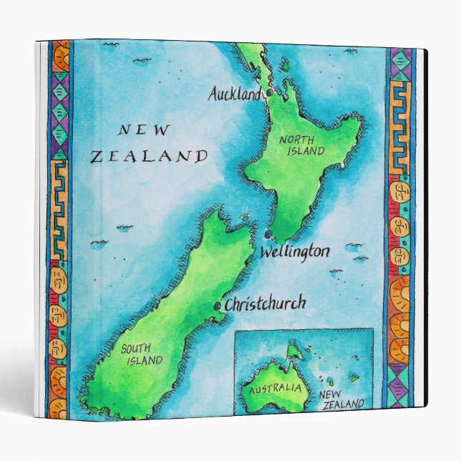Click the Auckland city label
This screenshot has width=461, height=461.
coord(234,93)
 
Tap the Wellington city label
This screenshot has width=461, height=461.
coord(294,252)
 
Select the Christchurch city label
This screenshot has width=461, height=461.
coord(265,304)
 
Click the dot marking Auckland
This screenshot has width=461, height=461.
coord(269,93)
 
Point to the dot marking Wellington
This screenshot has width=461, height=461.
coord(268,234)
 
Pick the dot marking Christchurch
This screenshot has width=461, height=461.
coord(218,306)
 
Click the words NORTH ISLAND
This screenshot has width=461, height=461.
coord(301,145)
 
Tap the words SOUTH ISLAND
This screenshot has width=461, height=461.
coord(141,354)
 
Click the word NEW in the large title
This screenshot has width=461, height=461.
coord(144,130)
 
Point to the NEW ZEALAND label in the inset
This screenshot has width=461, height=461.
coord(341,399)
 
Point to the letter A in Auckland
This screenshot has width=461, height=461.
coord(213,93)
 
